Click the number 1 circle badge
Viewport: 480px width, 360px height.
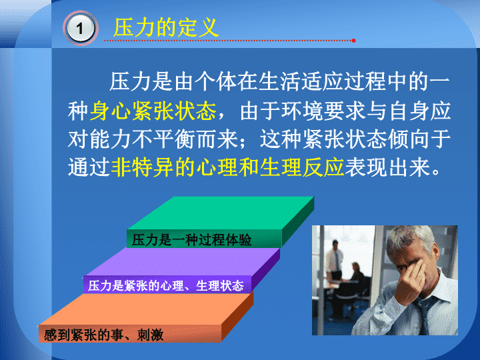coord(80,28)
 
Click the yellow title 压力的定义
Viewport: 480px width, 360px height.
coord(166,27)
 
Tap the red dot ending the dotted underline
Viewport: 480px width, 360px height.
coord(353,41)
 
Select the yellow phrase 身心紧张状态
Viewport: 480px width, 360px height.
coord(153,111)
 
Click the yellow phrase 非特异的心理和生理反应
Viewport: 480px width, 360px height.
coord(227,167)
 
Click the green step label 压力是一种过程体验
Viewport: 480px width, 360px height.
coord(191,240)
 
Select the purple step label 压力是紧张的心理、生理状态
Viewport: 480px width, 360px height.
coord(165,285)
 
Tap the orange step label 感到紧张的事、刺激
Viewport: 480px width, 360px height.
coord(103,335)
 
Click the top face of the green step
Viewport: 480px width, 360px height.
coord(221,213)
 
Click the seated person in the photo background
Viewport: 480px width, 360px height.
coord(357,279)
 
